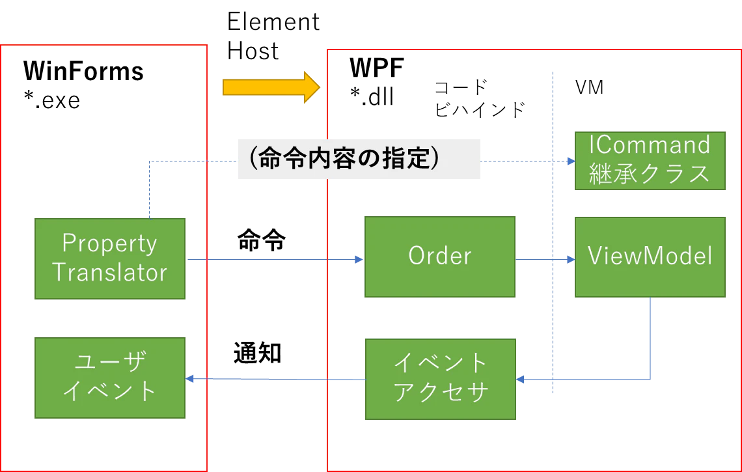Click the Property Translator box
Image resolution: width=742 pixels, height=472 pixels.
(109, 258)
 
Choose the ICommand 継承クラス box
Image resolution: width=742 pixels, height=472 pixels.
(649, 160)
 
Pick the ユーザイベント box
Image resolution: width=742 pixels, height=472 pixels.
(109, 377)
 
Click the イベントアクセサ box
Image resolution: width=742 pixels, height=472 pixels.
(441, 379)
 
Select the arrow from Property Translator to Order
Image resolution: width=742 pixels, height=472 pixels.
(273, 260)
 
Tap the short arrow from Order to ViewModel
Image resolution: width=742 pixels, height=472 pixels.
(543, 260)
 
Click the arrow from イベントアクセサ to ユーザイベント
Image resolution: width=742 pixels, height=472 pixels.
(273, 378)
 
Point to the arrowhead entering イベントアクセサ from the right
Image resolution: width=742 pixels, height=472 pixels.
(521, 378)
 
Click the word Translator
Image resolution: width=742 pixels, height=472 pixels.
(109, 272)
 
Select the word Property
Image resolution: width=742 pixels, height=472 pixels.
(109, 243)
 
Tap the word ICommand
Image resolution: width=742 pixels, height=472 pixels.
(649, 145)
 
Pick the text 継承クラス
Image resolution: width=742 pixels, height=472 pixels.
(649, 174)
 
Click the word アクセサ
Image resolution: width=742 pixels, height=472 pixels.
(441, 393)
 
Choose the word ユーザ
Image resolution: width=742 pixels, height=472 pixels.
(109, 362)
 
